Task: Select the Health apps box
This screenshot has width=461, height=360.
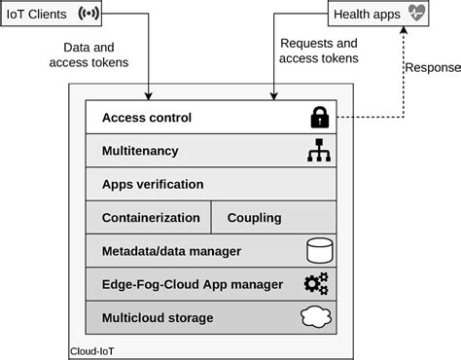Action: (379, 16)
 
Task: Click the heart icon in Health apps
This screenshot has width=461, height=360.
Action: (417, 15)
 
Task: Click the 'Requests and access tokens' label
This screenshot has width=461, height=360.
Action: (318, 51)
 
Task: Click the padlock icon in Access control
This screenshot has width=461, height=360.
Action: (318, 118)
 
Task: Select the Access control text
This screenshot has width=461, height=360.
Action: (146, 118)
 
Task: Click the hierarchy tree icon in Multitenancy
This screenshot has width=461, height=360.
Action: (318, 152)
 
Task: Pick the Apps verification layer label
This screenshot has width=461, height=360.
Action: (153, 184)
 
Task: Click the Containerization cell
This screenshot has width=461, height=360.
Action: (151, 218)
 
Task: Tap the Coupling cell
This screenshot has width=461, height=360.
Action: (254, 218)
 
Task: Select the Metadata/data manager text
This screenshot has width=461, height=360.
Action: (171, 251)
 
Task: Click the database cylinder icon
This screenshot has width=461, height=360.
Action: (318, 251)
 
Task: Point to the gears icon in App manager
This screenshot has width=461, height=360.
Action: (316, 284)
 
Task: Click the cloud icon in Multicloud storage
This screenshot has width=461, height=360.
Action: (317, 317)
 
